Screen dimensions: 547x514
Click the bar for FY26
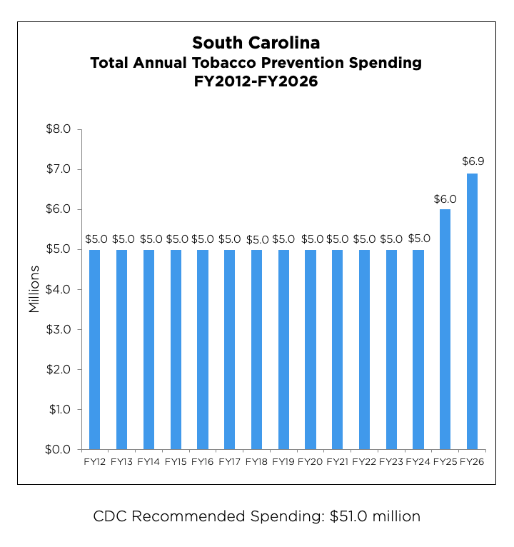[x=472, y=311]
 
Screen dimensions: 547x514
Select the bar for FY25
[x=445, y=329]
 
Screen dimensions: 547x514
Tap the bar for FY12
[x=94, y=349]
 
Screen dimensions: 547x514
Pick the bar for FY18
[x=256, y=349]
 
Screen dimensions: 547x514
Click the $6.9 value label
[x=473, y=161]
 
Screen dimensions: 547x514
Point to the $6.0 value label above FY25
[x=445, y=199]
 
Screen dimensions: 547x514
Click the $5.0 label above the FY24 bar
[x=419, y=239]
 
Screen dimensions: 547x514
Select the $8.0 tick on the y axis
[x=58, y=129]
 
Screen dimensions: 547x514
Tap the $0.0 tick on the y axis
[x=58, y=449]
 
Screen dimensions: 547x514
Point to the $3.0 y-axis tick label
[x=58, y=329]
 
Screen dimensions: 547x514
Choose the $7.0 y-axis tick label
[x=58, y=169]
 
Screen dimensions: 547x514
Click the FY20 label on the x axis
[x=311, y=462]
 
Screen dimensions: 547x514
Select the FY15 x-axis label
[x=176, y=462]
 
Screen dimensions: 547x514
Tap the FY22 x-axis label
[x=365, y=462]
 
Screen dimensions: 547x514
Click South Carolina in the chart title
[x=256, y=43]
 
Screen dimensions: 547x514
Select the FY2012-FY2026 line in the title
[x=256, y=81]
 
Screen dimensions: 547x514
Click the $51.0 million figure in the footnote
[x=376, y=516]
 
